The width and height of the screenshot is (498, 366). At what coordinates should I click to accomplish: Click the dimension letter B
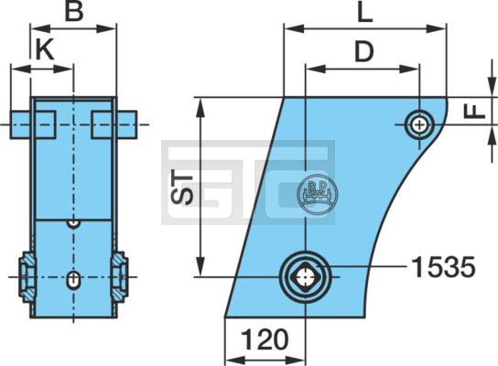[74, 12]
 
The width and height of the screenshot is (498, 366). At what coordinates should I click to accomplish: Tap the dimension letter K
[45, 49]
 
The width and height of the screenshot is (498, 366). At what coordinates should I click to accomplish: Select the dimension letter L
[365, 13]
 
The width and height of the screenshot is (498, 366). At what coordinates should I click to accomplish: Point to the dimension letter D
[364, 52]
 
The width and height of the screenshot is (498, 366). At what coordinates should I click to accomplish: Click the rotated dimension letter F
[474, 112]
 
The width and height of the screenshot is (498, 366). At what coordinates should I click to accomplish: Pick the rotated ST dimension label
[181, 189]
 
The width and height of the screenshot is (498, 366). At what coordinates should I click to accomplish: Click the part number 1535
[443, 267]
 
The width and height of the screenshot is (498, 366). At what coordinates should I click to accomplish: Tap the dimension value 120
[265, 339]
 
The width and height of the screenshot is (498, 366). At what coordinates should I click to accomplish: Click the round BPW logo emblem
[317, 194]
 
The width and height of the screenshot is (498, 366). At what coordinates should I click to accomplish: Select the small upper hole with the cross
[420, 124]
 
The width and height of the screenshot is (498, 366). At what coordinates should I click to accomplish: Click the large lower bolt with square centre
[305, 277]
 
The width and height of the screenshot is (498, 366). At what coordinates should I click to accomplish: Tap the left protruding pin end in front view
[21, 124]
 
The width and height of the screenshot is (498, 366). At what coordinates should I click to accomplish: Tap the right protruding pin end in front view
[127, 124]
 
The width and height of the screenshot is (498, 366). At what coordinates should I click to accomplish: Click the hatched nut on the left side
[27, 277]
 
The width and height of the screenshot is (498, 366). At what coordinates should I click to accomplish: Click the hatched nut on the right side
[119, 277]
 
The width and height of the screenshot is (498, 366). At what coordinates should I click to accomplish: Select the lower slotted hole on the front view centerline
[73, 280]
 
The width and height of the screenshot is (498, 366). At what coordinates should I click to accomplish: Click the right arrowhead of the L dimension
[436, 28]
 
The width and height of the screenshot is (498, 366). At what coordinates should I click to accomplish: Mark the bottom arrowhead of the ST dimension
[200, 266]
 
